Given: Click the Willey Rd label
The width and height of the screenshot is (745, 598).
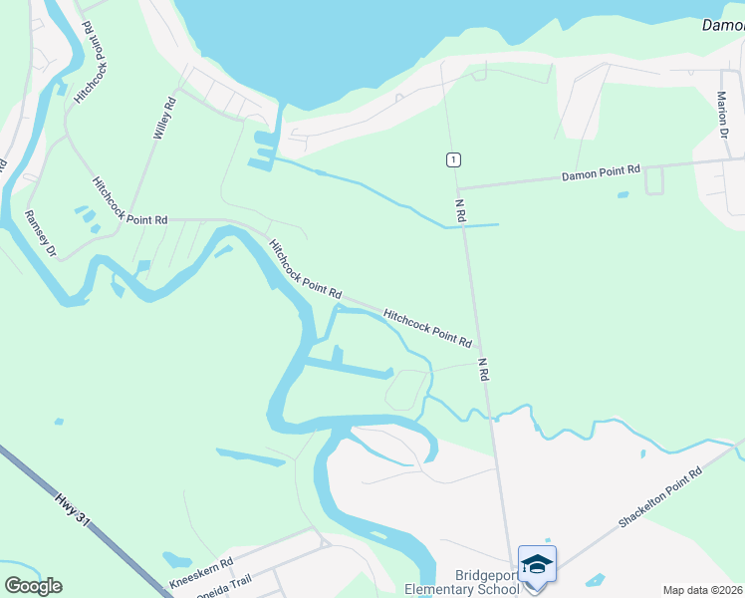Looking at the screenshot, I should coord(164,117).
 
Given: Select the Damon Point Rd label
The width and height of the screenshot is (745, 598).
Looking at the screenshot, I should coord(601,172).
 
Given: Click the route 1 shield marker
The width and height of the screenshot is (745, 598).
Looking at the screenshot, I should coord(453,159).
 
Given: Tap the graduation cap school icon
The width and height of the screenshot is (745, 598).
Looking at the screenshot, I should coord(537,564).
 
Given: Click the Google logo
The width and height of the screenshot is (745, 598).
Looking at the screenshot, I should coord(33,586).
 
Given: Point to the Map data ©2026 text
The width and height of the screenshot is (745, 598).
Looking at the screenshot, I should coord(702,590).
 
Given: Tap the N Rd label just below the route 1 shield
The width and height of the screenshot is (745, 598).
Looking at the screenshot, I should coord(461,209).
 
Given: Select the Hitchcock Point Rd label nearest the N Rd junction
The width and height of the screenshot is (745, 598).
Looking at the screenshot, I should coord(427,326).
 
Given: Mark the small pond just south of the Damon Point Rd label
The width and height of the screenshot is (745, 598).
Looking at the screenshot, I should coord(623,194).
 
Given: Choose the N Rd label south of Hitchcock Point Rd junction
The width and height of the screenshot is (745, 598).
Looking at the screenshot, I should coord(484,370).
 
